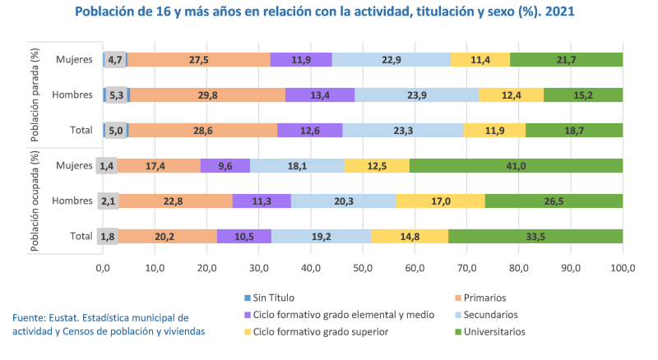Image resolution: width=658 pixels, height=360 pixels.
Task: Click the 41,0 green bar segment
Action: pos(516,165)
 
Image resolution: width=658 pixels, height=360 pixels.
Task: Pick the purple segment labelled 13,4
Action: pos(320,95)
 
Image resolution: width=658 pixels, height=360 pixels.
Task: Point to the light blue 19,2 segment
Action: pos(321,237)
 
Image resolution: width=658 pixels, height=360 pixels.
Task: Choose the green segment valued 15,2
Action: pos(582,95)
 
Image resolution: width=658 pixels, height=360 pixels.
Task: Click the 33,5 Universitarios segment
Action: pos(535,237)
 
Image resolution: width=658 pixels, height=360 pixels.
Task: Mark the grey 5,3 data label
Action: pos(116,95)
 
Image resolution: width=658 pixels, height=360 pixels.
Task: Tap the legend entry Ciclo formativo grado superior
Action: pos(327,332)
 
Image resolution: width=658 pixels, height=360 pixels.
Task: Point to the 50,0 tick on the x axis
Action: pos(363,268)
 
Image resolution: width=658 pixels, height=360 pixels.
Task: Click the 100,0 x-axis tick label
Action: pos(623,268)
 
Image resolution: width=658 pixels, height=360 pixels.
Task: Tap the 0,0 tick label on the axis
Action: pos(103,268)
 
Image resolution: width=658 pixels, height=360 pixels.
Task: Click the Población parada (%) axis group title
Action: pos(35,95)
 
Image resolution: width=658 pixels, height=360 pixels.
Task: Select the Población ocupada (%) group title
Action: pos(35,201)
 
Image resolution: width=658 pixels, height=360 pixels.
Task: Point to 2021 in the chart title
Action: pos(558,13)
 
